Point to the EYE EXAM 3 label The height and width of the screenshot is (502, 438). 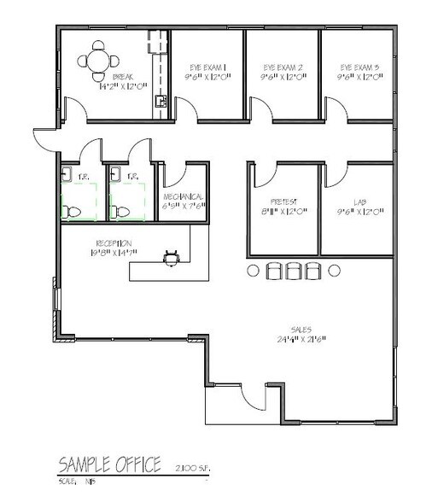pos(359,66)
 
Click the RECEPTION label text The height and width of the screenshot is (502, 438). pos(113,242)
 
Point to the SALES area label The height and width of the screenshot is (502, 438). pos(300,329)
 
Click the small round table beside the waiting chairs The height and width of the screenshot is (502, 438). pos(253,270)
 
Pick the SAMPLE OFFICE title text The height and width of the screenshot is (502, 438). pos(109,464)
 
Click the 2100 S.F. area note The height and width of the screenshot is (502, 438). pos(192,468)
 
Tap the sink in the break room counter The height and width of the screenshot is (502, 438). pos(159,102)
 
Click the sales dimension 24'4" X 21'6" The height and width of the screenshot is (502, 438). pos(300,339)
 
